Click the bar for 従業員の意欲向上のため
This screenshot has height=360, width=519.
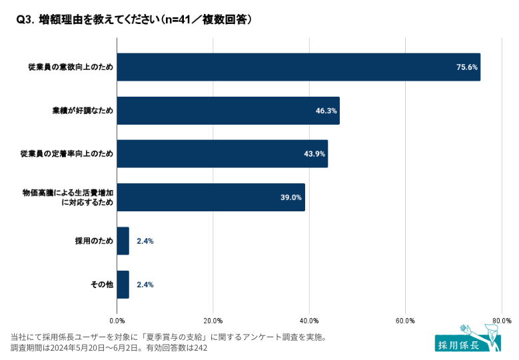tap(298, 67)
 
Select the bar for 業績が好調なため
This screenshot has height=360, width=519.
tap(228, 111)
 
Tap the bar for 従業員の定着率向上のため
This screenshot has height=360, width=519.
tap(223, 154)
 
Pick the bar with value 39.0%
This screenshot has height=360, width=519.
tap(211, 197)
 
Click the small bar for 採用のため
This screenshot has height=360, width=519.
tap(123, 241)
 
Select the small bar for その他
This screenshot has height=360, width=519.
tap(123, 285)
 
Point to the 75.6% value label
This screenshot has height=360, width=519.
tap(467, 67)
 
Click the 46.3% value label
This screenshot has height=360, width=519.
tap(326, 111)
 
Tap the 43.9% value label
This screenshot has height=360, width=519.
tap(314, 154)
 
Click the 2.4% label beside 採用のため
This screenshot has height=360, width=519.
tap(145, 241)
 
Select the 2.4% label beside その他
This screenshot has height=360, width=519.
tap(145, 285)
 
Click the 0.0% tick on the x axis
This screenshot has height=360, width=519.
tap(117, 321)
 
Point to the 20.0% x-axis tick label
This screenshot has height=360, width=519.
tap(213, 321)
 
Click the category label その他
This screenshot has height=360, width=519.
tap(102, 285)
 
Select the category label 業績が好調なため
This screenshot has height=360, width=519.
tap(83, 111)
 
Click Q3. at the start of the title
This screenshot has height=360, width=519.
tap(25, 21)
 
